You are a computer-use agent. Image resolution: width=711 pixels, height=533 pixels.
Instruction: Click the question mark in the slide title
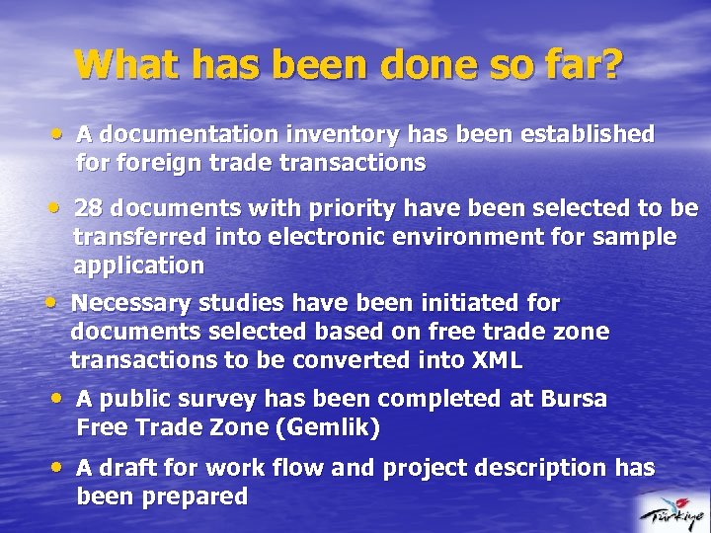pos(611,64)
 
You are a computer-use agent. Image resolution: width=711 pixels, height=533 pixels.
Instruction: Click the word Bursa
pos(574,399)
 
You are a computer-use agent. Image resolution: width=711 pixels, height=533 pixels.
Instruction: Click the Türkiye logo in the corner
pos(671,511)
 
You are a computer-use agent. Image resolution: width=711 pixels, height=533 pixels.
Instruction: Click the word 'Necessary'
pos(132,302)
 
